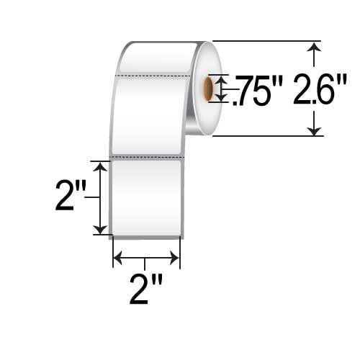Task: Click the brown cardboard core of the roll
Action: click(210, 88)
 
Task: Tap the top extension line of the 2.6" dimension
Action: click(266, 41)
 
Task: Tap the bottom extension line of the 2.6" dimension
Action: click(266, 135)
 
